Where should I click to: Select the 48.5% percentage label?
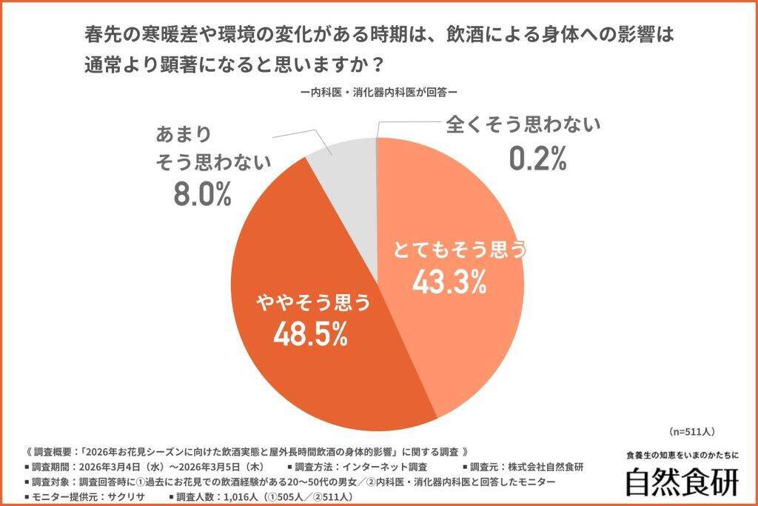pyautogui.click(x=311, y=334)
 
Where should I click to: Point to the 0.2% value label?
pyautogui.click(x=537, y=157)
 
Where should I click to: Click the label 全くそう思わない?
pyautogui.click(x=523, y=125)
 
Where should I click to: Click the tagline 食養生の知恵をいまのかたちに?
pyautogui.click(x=682, y=455)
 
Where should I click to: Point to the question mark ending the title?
pyautogui.click(x=376, y=64)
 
